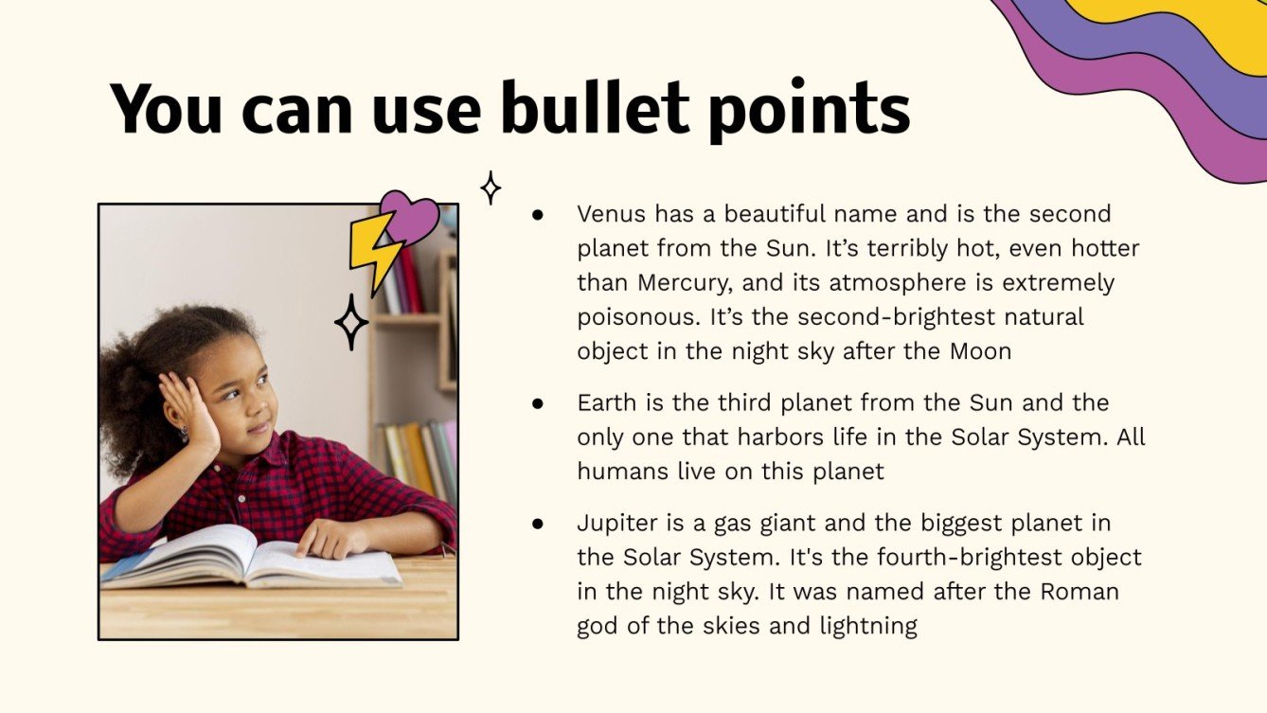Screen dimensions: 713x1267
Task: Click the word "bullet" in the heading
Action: [x=595, y=109]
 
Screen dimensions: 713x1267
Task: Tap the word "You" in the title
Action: [x=166, y=109]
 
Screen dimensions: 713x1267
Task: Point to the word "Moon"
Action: [x=980, y=351]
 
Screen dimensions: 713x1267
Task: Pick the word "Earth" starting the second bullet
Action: [x=607, y=402]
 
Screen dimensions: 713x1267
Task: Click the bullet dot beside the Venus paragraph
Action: [x=538, y=215]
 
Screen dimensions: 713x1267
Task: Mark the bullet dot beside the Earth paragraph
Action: [x=538, y=403]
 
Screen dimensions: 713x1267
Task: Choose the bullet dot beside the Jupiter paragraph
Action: [x=538, y=524]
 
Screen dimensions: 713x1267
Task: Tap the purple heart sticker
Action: [x=410, y=217]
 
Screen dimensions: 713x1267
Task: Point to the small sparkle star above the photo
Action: [x=491, y=187]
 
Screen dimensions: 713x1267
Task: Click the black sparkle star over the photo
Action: [x=351, y=322]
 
